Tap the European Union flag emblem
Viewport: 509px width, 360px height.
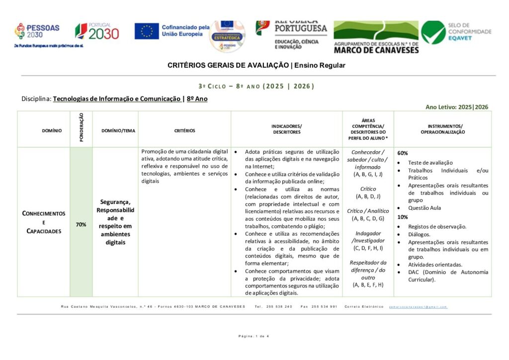[147, 31]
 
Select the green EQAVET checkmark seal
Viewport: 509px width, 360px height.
[433, 32]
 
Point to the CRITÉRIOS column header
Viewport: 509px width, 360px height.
[184, 131]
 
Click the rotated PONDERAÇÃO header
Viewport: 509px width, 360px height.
[81, 129]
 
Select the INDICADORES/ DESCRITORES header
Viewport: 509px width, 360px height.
[286, 129]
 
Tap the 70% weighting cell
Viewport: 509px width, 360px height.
[81, 225]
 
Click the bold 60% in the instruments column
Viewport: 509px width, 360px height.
[403, 153]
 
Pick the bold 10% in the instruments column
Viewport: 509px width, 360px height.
[403, 217]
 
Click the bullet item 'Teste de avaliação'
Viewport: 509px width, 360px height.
[430, 163]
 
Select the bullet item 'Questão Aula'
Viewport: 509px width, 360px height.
[424, 208]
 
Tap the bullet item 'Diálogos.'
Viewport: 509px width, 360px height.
[419, 234]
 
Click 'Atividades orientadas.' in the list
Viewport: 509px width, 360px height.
[435, 265]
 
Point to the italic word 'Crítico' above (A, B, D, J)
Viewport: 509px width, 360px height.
[368, 189]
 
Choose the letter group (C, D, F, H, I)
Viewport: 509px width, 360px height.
[368, 248]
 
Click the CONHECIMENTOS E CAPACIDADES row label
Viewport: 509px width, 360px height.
[43, 222]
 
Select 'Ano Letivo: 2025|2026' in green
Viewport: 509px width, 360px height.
[456, 107]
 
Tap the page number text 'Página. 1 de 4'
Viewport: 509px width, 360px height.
[254, 336]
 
